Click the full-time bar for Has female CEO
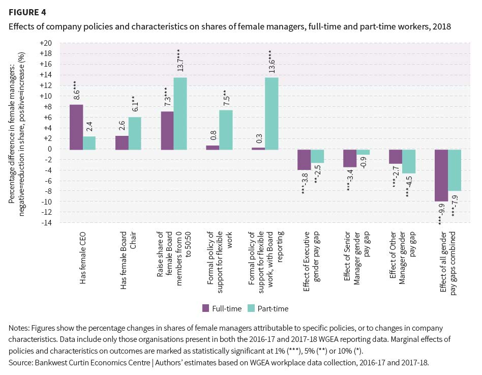tap(76, 127)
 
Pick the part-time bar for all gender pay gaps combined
tap(455, 170)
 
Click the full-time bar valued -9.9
tap(441, 175)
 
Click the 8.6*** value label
tap(76, 90)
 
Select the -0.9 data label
tap(363, 166)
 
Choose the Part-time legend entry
tap(268, 308)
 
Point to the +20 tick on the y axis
tap(46, 43)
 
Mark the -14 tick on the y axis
tap(47, 223)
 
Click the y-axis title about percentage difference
tap(17, 132)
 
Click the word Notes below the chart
tap(19, 328)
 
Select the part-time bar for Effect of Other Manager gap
tap(409, 161)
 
